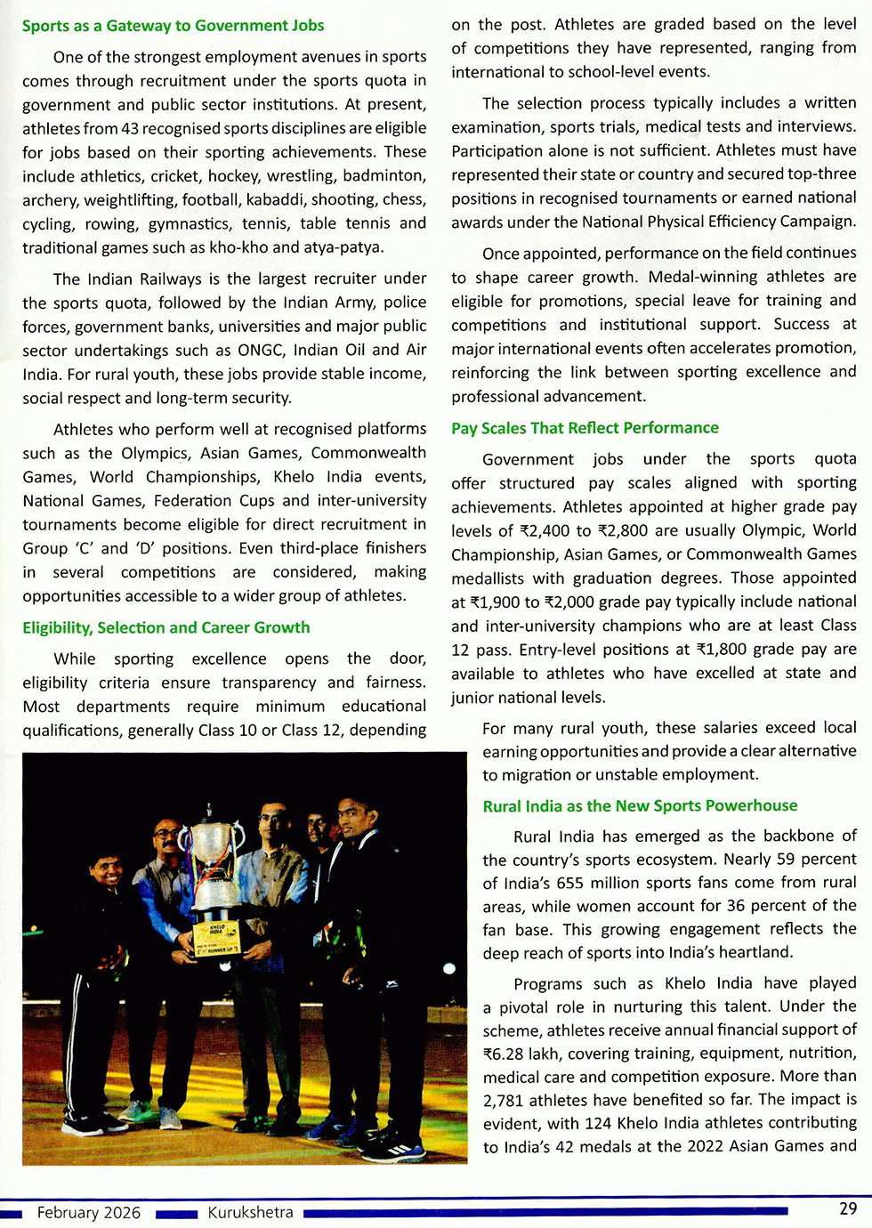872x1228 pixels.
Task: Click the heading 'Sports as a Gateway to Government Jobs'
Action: (x=173, y=26)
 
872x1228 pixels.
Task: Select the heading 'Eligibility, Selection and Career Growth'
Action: (x=166, y=627)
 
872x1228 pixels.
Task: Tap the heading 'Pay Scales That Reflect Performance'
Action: (x=585, y=428)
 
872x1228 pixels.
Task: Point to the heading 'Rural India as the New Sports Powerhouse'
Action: (x=640, y=806)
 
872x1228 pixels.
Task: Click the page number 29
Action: (x=848, y=1208)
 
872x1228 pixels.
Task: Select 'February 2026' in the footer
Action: (x=89, y=1213)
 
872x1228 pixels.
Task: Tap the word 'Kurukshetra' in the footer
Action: (x=250, y=1213)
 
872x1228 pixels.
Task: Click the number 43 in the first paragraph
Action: (x=130, y=128)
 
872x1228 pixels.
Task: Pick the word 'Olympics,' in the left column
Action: (x=156, y=453)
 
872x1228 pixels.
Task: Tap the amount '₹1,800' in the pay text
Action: (x=718, y=650)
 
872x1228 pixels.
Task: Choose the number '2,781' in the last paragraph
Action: (x=504, y=1100)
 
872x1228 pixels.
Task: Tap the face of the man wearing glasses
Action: (x=166, y=836)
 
